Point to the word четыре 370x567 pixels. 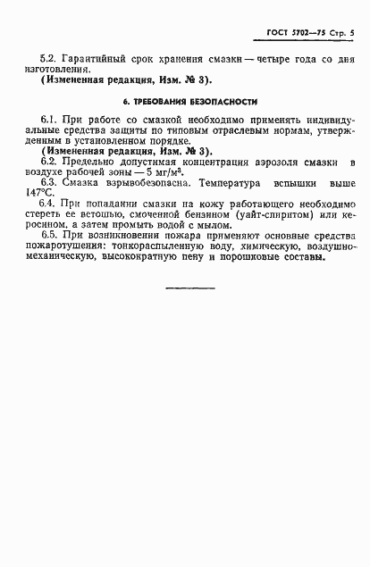(x=280, y=55)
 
